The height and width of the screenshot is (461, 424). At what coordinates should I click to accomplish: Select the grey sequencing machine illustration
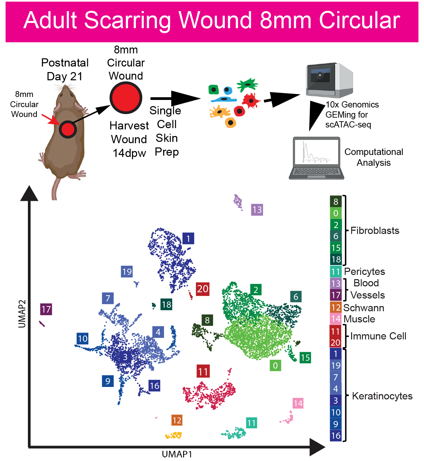pos(329,80)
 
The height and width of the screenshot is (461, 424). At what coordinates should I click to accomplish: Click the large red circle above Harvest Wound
pos(126,98)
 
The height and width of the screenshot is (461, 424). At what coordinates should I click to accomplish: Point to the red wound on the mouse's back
pos(68,129)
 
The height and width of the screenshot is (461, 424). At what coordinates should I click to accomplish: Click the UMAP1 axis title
pos(177,454)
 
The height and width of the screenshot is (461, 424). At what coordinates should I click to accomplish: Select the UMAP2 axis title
pos(22,314)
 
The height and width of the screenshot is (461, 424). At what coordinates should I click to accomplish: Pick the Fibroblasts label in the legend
pos(375,231)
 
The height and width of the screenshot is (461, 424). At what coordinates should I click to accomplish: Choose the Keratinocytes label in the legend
pos(382,396)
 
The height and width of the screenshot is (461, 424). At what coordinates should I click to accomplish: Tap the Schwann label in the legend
pos(364,308)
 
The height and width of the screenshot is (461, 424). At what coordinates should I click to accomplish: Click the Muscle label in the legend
pos(359,319)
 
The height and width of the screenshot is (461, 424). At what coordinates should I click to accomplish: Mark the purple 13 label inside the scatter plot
pos(257,210)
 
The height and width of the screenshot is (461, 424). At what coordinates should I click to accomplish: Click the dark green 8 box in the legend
pos(336,202)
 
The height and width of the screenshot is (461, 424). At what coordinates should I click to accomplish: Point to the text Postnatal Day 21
pos(65,69)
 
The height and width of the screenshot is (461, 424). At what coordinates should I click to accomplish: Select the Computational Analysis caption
pos(373,157)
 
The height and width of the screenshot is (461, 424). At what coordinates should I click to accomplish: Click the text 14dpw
pos(129,153)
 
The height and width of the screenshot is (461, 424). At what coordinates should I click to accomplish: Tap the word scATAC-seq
pos(348,125)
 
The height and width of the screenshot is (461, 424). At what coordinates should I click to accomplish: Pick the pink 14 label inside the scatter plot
pos(298,403)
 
